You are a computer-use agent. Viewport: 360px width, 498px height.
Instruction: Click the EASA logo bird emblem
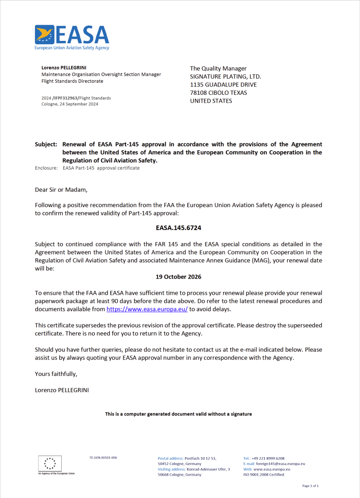click(44, 35)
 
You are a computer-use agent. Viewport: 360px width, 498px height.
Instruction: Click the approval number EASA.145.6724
click(178, 227)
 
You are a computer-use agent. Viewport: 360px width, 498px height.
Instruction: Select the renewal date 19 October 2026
click(178, 277)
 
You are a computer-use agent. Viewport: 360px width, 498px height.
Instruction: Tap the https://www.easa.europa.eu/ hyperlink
click(147, 309)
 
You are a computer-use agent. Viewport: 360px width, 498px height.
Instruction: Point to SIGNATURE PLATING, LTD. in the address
click(225, 77)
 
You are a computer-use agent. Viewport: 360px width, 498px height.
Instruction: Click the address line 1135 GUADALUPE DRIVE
click(223, 85)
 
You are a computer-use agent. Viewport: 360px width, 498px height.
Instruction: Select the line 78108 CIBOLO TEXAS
click(218, 93)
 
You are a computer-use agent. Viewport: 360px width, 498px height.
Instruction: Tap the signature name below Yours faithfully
click(61, 390)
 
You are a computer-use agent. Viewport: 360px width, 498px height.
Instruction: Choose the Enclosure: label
click(47, 168)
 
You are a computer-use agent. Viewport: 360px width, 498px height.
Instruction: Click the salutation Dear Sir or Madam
click(61, 190)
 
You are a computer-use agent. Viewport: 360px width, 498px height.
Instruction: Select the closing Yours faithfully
click(56, 374)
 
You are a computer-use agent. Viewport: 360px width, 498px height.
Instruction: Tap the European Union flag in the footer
click(50, 463)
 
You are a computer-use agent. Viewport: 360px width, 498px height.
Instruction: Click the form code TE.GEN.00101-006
click(103, 458)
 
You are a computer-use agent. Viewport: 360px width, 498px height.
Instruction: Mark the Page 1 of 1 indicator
click(310, 486)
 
